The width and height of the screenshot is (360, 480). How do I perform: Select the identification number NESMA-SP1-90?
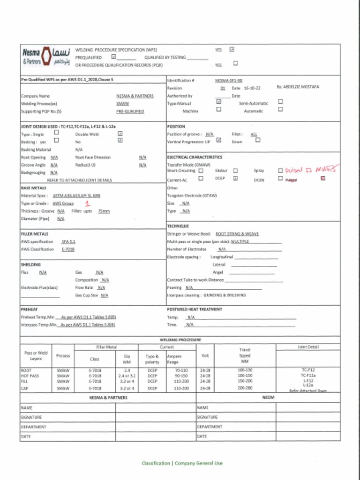coord(228,81)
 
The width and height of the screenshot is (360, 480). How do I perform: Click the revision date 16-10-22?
coord(252,88)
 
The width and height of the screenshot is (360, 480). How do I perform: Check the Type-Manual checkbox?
coord(218,101)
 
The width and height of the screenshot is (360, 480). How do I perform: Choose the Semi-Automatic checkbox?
coord(280,101)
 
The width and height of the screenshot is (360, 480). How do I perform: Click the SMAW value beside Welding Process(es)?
coord(123,104)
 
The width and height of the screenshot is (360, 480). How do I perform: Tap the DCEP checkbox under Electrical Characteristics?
coord(235,178)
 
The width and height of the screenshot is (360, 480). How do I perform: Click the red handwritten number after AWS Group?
coord(87,203)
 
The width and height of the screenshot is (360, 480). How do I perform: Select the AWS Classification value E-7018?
coord(68,249)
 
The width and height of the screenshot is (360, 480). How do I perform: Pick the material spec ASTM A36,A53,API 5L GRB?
coord(76,195)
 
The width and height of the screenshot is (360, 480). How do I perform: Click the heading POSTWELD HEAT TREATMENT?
coord(195,309)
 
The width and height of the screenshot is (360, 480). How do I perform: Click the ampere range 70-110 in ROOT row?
coord(181,370)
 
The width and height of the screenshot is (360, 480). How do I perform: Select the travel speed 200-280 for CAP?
coord(245,388)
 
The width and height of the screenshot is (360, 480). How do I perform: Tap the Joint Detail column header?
coord(308,347)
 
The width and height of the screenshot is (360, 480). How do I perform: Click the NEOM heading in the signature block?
coord(268,397)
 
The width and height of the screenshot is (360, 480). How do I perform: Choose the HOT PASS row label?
coord(30,375)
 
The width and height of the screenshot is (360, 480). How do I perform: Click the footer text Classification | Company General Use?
coord(182,463)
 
